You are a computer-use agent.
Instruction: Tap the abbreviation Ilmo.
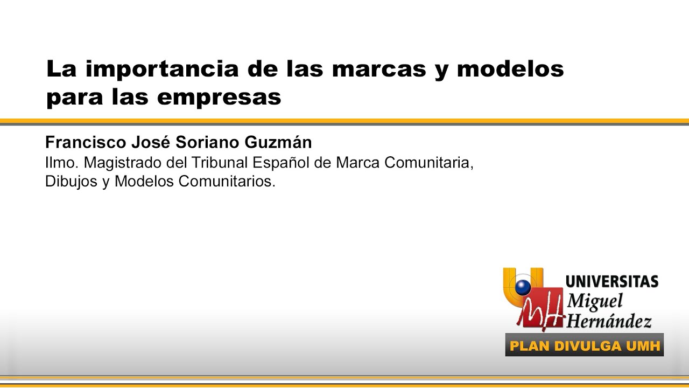pos(61,162)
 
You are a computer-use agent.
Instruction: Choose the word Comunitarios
pos(227,182)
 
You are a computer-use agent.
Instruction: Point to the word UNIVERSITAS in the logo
pos(612,282)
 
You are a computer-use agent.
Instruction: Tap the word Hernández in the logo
pos(609,321)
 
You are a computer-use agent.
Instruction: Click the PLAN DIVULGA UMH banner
pos(585,345)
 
